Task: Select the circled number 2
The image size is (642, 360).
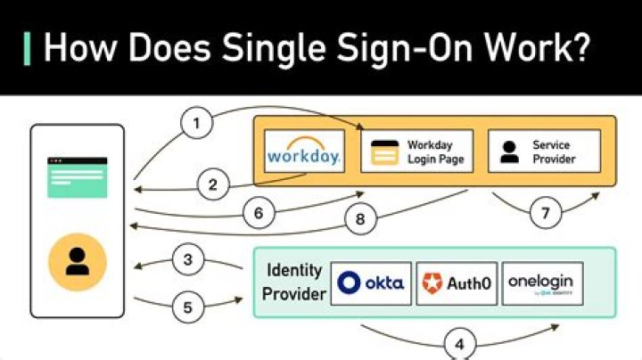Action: [x=212, y=185]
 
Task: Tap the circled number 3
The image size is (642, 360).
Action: [x=187, y=260]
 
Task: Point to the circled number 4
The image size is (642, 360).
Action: [x=459, y=343]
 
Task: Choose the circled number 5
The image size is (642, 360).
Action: [x=187, y=308]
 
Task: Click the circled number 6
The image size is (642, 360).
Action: [x=258, y=213]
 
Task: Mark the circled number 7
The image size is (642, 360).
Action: [x=545, y=214]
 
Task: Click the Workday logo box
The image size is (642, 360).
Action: [x=304, y=151]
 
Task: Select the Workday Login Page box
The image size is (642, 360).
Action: [x=417, y=151]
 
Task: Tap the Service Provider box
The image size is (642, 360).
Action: [x=543, y=151]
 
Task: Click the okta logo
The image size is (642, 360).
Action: [x=371, y=283]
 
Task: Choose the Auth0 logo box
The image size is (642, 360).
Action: [x=455, y=283]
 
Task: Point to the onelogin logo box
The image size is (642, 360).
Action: [x=543, y=283]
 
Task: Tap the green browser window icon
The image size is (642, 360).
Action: [x=78, y=177]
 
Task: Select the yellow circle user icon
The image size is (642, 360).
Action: [x=78, y=262]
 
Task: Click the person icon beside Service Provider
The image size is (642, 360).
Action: [x=508, y=151]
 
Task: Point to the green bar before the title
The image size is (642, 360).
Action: [x=28, y=47]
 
